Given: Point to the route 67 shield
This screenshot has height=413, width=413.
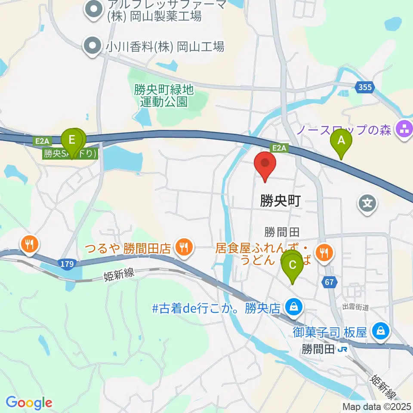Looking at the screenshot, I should point(329,282).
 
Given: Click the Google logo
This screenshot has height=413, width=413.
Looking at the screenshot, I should point(29,403).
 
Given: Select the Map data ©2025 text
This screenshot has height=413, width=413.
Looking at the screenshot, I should point(376,406).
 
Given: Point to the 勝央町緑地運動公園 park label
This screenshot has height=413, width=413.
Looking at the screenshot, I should point(164,96).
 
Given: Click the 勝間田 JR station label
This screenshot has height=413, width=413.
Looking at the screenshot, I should point(325,349).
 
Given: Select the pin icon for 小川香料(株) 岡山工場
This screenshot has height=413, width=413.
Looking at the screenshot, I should point(92,46).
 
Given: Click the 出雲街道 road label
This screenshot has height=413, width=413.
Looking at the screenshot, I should point(356,307).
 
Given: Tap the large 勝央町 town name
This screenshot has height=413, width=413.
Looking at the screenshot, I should point(280,201).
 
